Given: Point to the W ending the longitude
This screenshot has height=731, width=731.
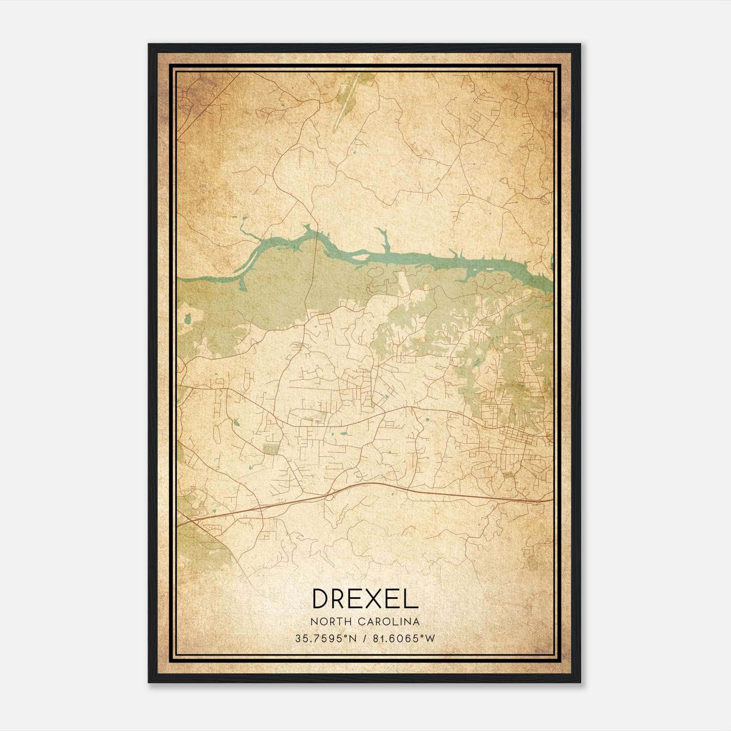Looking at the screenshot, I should pyautogui.click(x=430, y=638).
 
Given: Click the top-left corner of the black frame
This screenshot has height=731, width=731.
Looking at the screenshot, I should pyautogui.click(x=149, y=44).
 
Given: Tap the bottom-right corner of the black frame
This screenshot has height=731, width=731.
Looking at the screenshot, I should pyautogui.click(x=580, y=682).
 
